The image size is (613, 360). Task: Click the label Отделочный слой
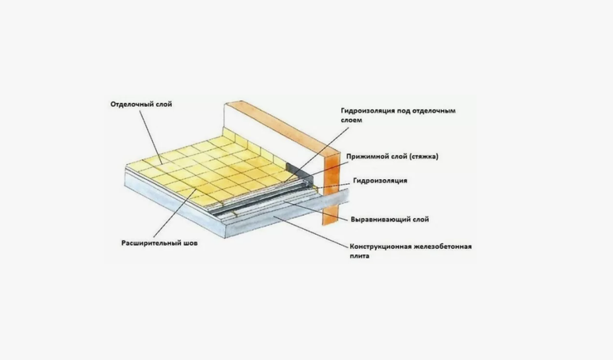tap(141, 105)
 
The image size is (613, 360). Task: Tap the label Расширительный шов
tap(159, 243)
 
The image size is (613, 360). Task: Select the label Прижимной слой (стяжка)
tap(392, 156)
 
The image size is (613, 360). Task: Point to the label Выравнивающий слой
tap(390, 220)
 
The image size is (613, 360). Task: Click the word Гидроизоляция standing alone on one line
tap(380, 181)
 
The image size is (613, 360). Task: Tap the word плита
tap(359, 256)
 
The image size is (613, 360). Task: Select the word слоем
tap(351, 120)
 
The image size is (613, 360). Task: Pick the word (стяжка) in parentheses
tap(423, 156)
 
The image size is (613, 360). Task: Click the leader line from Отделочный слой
tap(151, 138)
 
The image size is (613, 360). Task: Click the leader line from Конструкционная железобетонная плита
tap(311, 232)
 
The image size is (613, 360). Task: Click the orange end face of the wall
tap(331, 188)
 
